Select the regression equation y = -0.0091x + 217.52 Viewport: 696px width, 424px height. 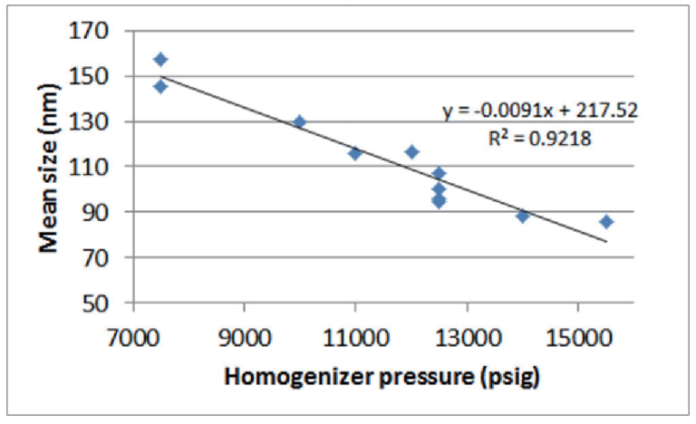540,111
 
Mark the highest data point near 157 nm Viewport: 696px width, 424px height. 160,60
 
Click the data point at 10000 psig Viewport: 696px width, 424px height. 299,121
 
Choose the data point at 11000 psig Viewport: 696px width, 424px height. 355,153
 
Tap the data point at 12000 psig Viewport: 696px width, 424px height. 411,151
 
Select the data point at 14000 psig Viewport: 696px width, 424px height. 523,216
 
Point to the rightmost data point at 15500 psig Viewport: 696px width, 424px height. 606,221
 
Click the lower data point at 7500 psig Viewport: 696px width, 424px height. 160,86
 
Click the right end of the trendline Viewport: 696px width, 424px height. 606,242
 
